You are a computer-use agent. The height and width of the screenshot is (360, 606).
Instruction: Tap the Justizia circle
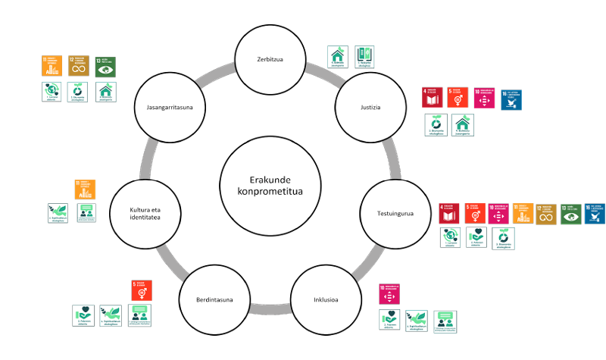pos(370,107)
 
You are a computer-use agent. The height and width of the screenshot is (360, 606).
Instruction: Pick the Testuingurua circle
pos(395,214)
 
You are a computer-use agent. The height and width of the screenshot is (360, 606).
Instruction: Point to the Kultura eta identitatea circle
pos(144,214)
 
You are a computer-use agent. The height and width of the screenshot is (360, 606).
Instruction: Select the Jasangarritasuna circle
pos(170,107)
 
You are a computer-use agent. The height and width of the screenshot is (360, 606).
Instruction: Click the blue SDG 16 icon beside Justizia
pos(511,99)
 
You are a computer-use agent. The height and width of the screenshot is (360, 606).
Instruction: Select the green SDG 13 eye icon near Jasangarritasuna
pos(106,66)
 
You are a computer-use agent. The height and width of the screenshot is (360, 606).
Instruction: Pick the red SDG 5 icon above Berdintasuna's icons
pos(142,290)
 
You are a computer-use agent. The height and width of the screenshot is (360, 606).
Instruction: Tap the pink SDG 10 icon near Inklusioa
pos(389,294)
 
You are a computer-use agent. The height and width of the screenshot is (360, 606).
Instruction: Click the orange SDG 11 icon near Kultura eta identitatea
pos(85,189)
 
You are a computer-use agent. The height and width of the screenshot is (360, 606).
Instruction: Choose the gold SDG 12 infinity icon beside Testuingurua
pos(546,214)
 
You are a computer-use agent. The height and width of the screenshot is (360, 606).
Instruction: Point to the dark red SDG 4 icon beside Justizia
pos(432,98)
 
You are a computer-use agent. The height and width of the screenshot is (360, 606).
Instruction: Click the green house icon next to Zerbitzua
pos(337,56)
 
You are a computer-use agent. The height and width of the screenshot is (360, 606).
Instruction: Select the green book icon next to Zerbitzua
pos(364,56)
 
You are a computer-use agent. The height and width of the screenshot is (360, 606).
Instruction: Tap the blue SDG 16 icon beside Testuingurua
pos(595,214)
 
